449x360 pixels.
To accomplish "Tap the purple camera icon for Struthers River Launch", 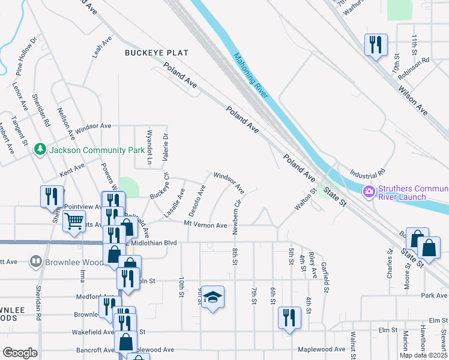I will click(369, 192).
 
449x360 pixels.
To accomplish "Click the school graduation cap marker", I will click(212, 297).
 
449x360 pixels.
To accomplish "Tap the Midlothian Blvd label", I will click(154, 242).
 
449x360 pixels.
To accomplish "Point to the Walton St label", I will click(305, 200).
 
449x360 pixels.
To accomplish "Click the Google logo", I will click(20, 353).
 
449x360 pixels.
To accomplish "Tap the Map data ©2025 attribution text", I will click(424, 355).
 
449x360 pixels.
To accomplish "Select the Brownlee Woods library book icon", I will click(36, 262).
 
